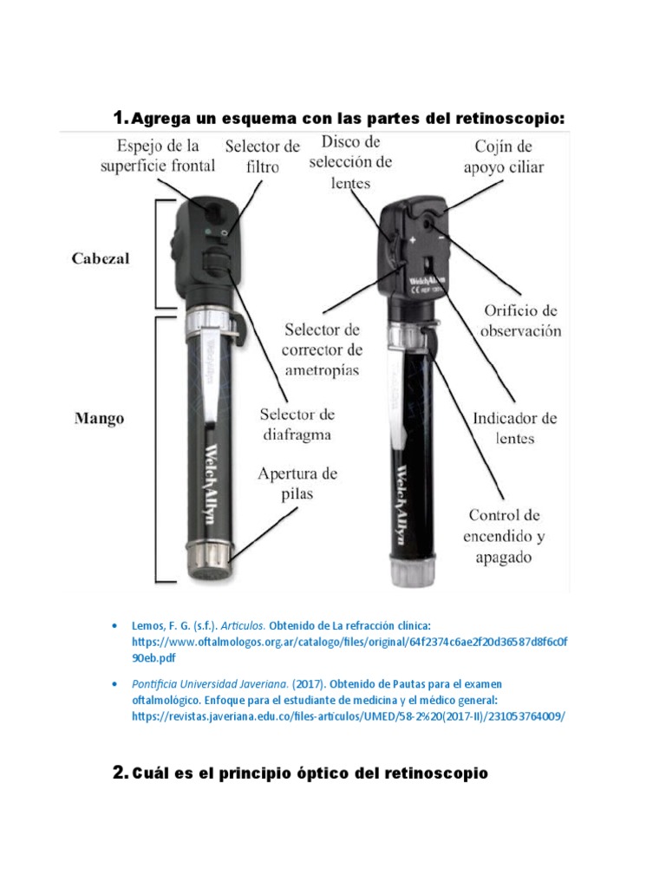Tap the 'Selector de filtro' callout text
[263, 155]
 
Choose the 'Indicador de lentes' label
[515, 428]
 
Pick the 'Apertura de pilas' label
[297, 484]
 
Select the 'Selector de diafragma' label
[297, 424]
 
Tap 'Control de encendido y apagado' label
[504, 536]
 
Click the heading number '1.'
[121, 117]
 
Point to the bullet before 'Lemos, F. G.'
[114, 625]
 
